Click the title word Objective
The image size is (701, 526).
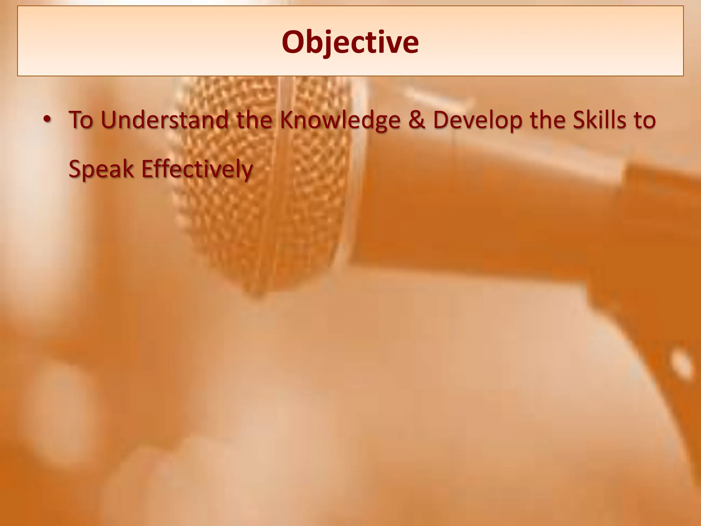pos(350,42)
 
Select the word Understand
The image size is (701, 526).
pos(165,120)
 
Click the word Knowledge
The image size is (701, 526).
pos(340,121)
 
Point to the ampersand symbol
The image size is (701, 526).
pos(417,120)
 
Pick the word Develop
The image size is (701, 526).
pos(478,121)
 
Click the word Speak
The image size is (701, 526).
pos(101,169)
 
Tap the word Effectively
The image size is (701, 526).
pos(197,169)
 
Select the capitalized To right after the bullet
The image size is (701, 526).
pos(81,120)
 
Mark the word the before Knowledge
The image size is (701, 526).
pos(254,120)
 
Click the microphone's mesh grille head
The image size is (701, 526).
pos(264,205)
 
